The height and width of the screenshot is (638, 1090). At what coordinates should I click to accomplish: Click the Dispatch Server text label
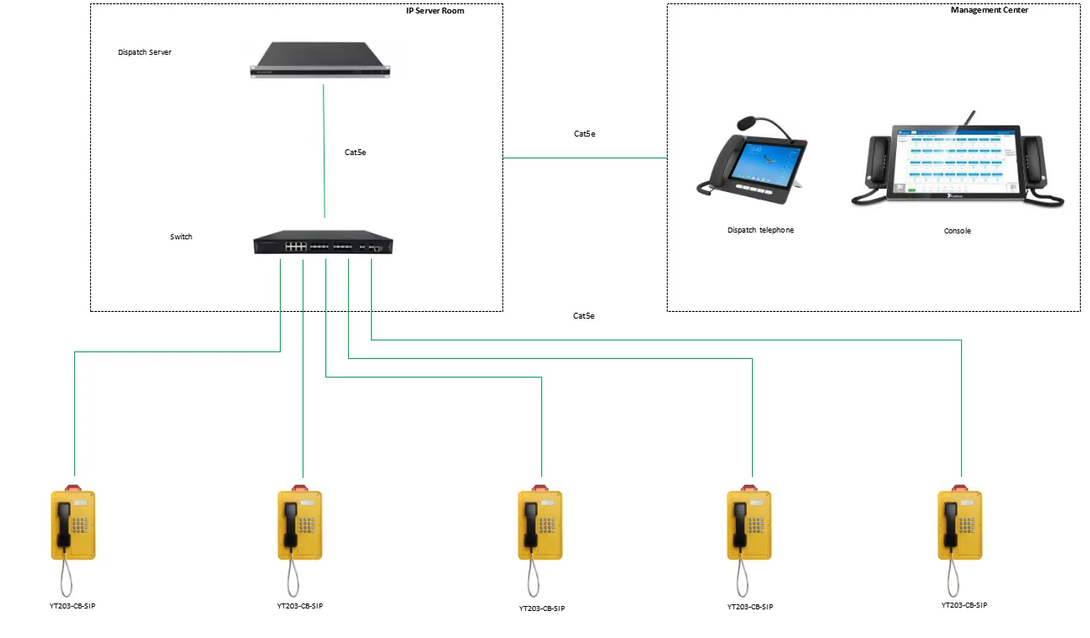145,52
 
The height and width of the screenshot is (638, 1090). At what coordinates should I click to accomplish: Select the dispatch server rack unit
322,60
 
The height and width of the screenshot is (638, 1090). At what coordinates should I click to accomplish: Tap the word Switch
181,237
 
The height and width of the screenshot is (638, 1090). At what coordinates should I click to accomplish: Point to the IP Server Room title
435,11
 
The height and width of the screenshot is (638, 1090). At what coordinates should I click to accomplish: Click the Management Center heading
989,10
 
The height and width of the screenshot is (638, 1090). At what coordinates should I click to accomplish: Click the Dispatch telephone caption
760,230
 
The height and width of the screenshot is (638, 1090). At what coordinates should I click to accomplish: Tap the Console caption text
957,231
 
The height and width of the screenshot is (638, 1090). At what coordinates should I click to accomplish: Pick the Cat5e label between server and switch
355,153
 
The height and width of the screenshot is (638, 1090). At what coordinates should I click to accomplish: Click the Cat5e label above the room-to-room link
584,134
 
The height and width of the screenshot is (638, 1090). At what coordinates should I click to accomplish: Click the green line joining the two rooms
584,158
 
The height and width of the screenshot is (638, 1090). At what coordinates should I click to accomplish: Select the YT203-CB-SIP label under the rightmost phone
964,605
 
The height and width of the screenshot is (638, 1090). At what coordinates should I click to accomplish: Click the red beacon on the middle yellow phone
540,487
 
